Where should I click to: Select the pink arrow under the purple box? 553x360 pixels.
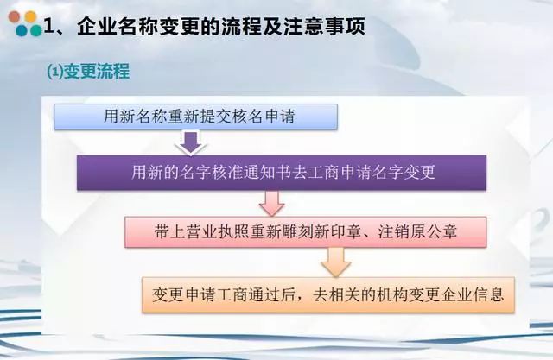click(x=271, y=203)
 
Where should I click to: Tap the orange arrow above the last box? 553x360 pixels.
click(x=336, y=262)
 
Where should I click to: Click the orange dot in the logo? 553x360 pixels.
click(x=31, y=16)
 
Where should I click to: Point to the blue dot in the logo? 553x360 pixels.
click(x=22, y=30)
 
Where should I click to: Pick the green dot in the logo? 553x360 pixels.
click(x=36, y=30)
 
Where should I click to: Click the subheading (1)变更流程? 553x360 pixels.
click(x=88, y=72)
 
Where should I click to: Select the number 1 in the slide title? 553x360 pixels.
click(x=48, y=27)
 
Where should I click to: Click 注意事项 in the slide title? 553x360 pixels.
click(x=324, y=27)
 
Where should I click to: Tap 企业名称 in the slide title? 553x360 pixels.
click(x=118, y=27)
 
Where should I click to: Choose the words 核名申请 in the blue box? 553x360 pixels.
click(x=264, y=117)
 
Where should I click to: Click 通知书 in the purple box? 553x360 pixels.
click(x=267, y=173)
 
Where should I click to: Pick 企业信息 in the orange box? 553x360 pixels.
click(x=473, y=294)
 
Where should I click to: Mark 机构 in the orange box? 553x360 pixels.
click(x=392, y=294)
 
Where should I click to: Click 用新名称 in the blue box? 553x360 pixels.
click(x=136, y=117)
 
